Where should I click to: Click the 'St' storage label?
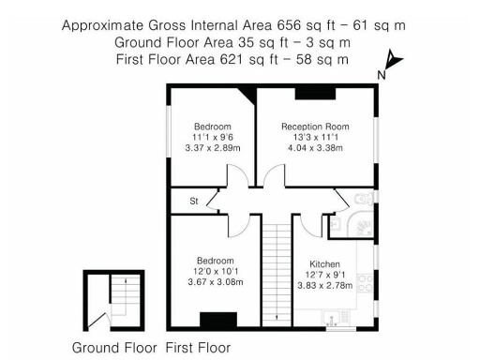coord(194,201)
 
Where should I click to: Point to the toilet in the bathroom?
coord(364,200)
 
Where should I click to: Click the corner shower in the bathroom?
coord(362,224)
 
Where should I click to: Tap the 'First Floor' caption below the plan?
coord(198,348)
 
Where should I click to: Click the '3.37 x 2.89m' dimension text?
coord(213,148)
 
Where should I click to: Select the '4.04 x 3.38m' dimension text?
coord(315,148)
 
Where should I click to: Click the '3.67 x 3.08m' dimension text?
coord(216,282)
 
